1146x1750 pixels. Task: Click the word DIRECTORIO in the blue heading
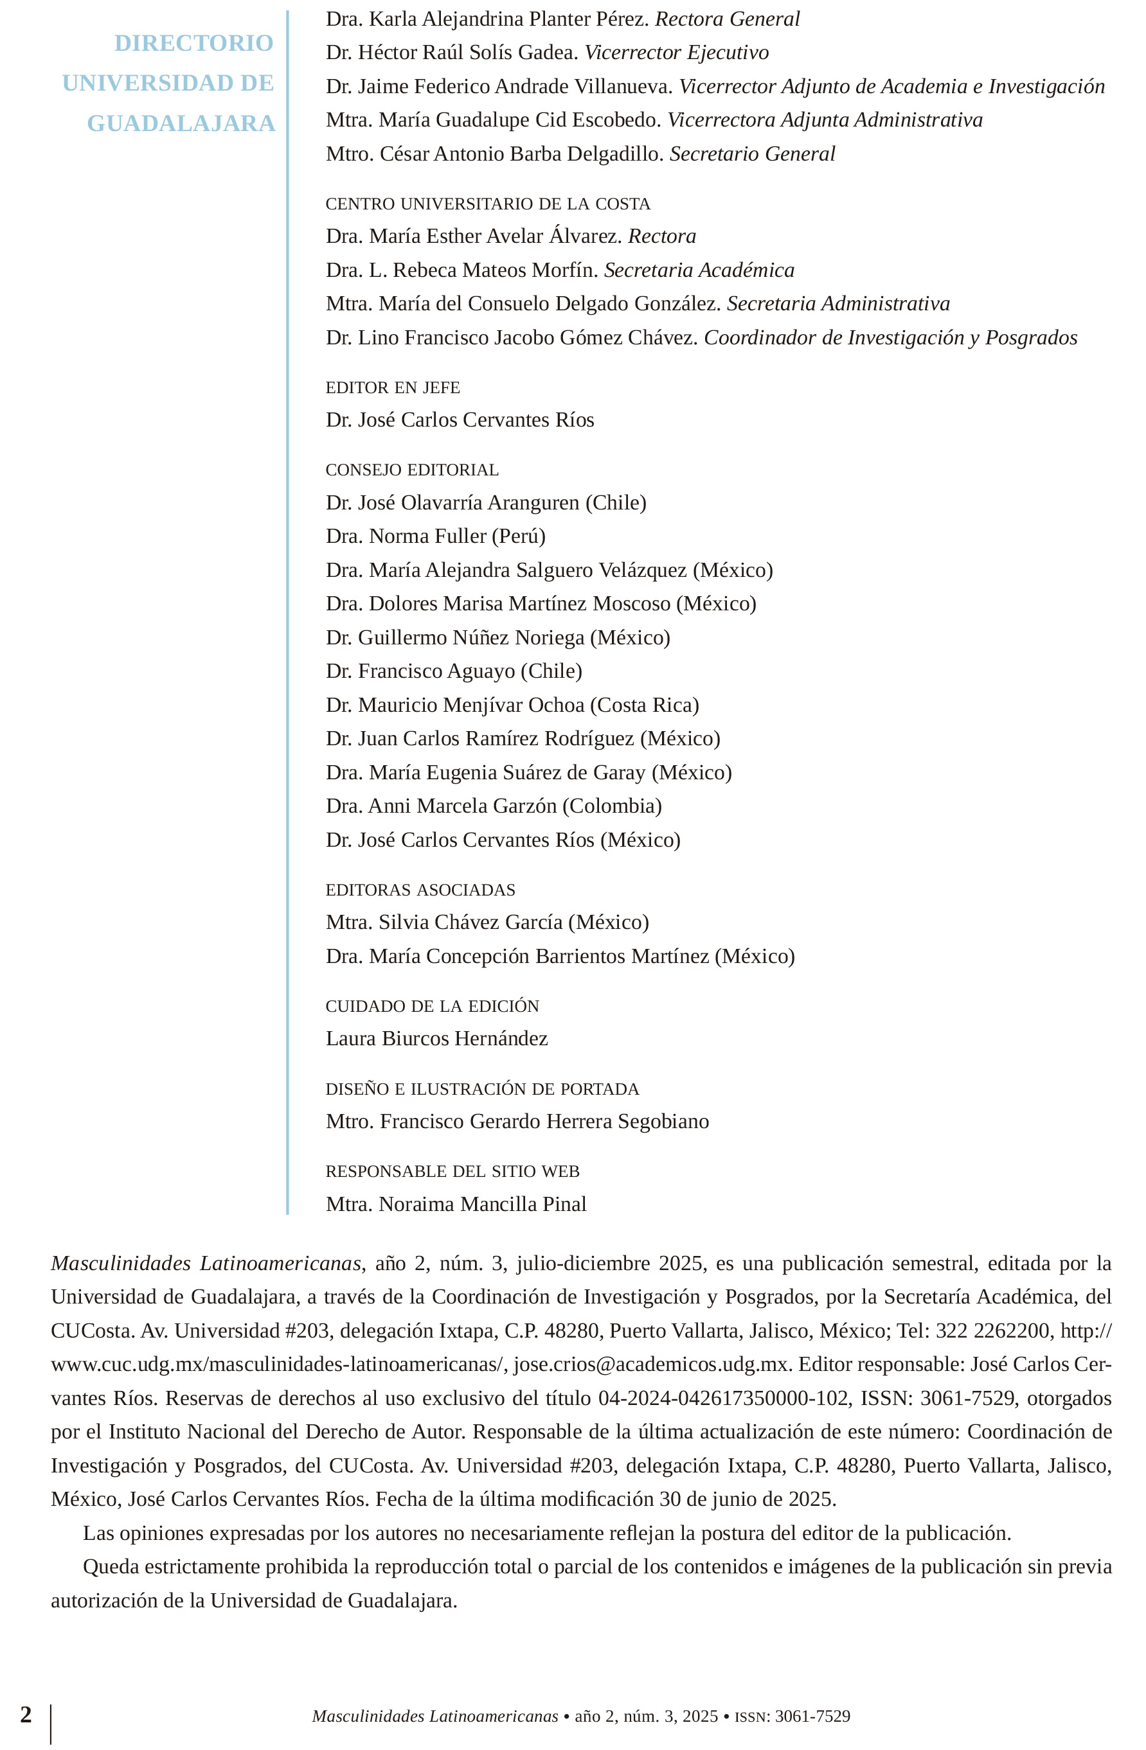tap(193, 44)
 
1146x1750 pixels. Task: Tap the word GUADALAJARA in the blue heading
tap(181, 123)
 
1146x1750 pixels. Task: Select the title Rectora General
tap(727, 19)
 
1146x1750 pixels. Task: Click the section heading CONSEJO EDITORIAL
tap(412, 470)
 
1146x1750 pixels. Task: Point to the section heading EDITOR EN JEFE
tap(393, 387)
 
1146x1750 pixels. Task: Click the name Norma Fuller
tap(427, 536)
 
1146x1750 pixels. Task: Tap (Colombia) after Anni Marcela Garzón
tap(612, 806)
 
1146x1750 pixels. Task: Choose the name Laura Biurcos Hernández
tap(437, 1038)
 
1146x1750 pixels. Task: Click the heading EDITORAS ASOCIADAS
tap(420, 890)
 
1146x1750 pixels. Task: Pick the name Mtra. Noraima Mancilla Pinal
tap(456, 1204)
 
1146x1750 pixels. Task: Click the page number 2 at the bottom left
tap(26, 1715)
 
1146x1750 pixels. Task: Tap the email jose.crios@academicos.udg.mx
tap(650, 1364)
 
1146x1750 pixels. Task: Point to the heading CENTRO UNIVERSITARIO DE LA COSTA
tap(488, 204)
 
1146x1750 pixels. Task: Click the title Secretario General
tap(752, 154)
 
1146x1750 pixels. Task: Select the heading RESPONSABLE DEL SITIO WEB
tap(452, 1171)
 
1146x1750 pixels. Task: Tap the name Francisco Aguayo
tap(436, 671)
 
